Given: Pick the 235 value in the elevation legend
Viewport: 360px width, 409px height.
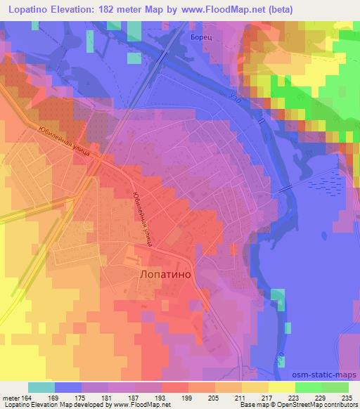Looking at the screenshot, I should (x=345, y=397).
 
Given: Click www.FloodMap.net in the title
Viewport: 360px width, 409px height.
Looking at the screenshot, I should (x=218, y=9).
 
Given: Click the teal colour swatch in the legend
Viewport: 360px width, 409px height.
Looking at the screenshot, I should (x=41, y=387).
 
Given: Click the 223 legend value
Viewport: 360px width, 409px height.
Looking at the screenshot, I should (x=291, y=397).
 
